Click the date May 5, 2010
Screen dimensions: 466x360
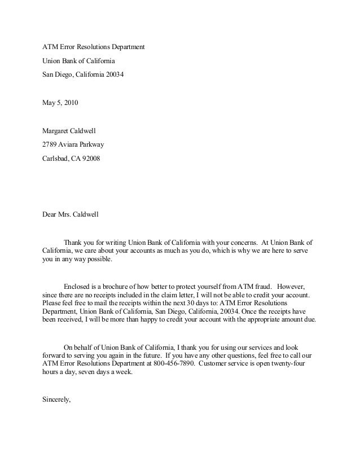pyautogui.click(x=61, y=103)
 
